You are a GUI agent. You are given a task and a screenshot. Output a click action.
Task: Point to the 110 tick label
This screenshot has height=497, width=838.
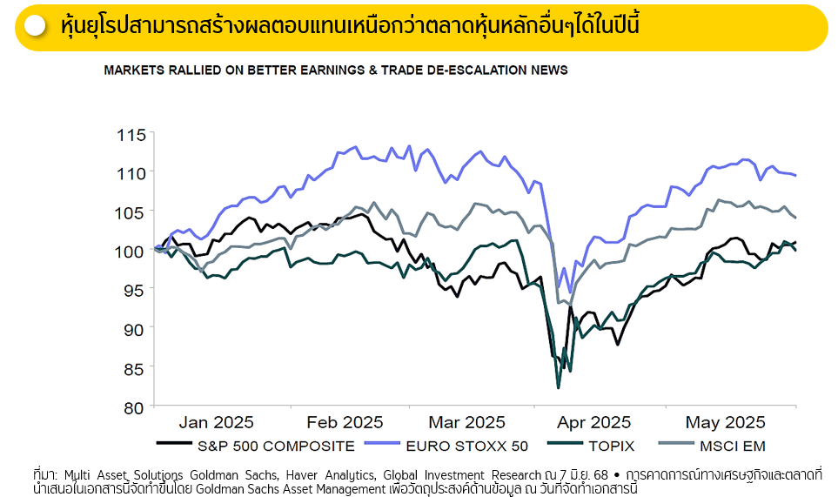131,173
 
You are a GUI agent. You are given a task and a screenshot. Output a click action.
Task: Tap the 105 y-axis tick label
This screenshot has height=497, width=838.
131,212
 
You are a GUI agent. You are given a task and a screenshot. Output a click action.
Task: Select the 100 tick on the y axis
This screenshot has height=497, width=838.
131,252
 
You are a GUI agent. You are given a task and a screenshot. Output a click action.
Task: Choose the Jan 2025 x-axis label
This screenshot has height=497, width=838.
216,423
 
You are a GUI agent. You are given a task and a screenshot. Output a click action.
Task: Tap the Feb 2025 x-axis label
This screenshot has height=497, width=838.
345,423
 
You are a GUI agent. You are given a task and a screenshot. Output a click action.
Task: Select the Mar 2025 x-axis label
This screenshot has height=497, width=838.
466,423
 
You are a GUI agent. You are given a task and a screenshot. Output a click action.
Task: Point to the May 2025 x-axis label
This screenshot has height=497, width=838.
725,423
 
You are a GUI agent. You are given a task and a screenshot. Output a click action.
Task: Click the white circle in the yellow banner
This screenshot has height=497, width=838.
36,26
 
